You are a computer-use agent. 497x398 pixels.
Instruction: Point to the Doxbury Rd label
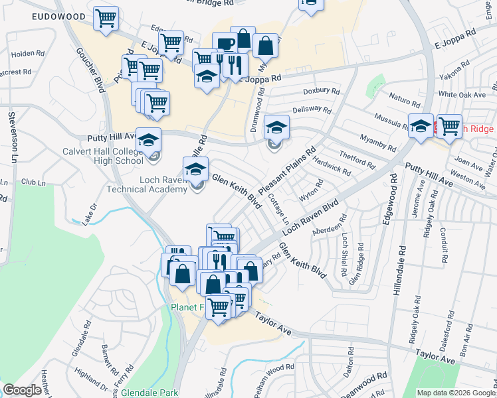tap(322, 92)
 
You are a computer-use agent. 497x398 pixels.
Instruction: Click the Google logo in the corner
tap(21, 390)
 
